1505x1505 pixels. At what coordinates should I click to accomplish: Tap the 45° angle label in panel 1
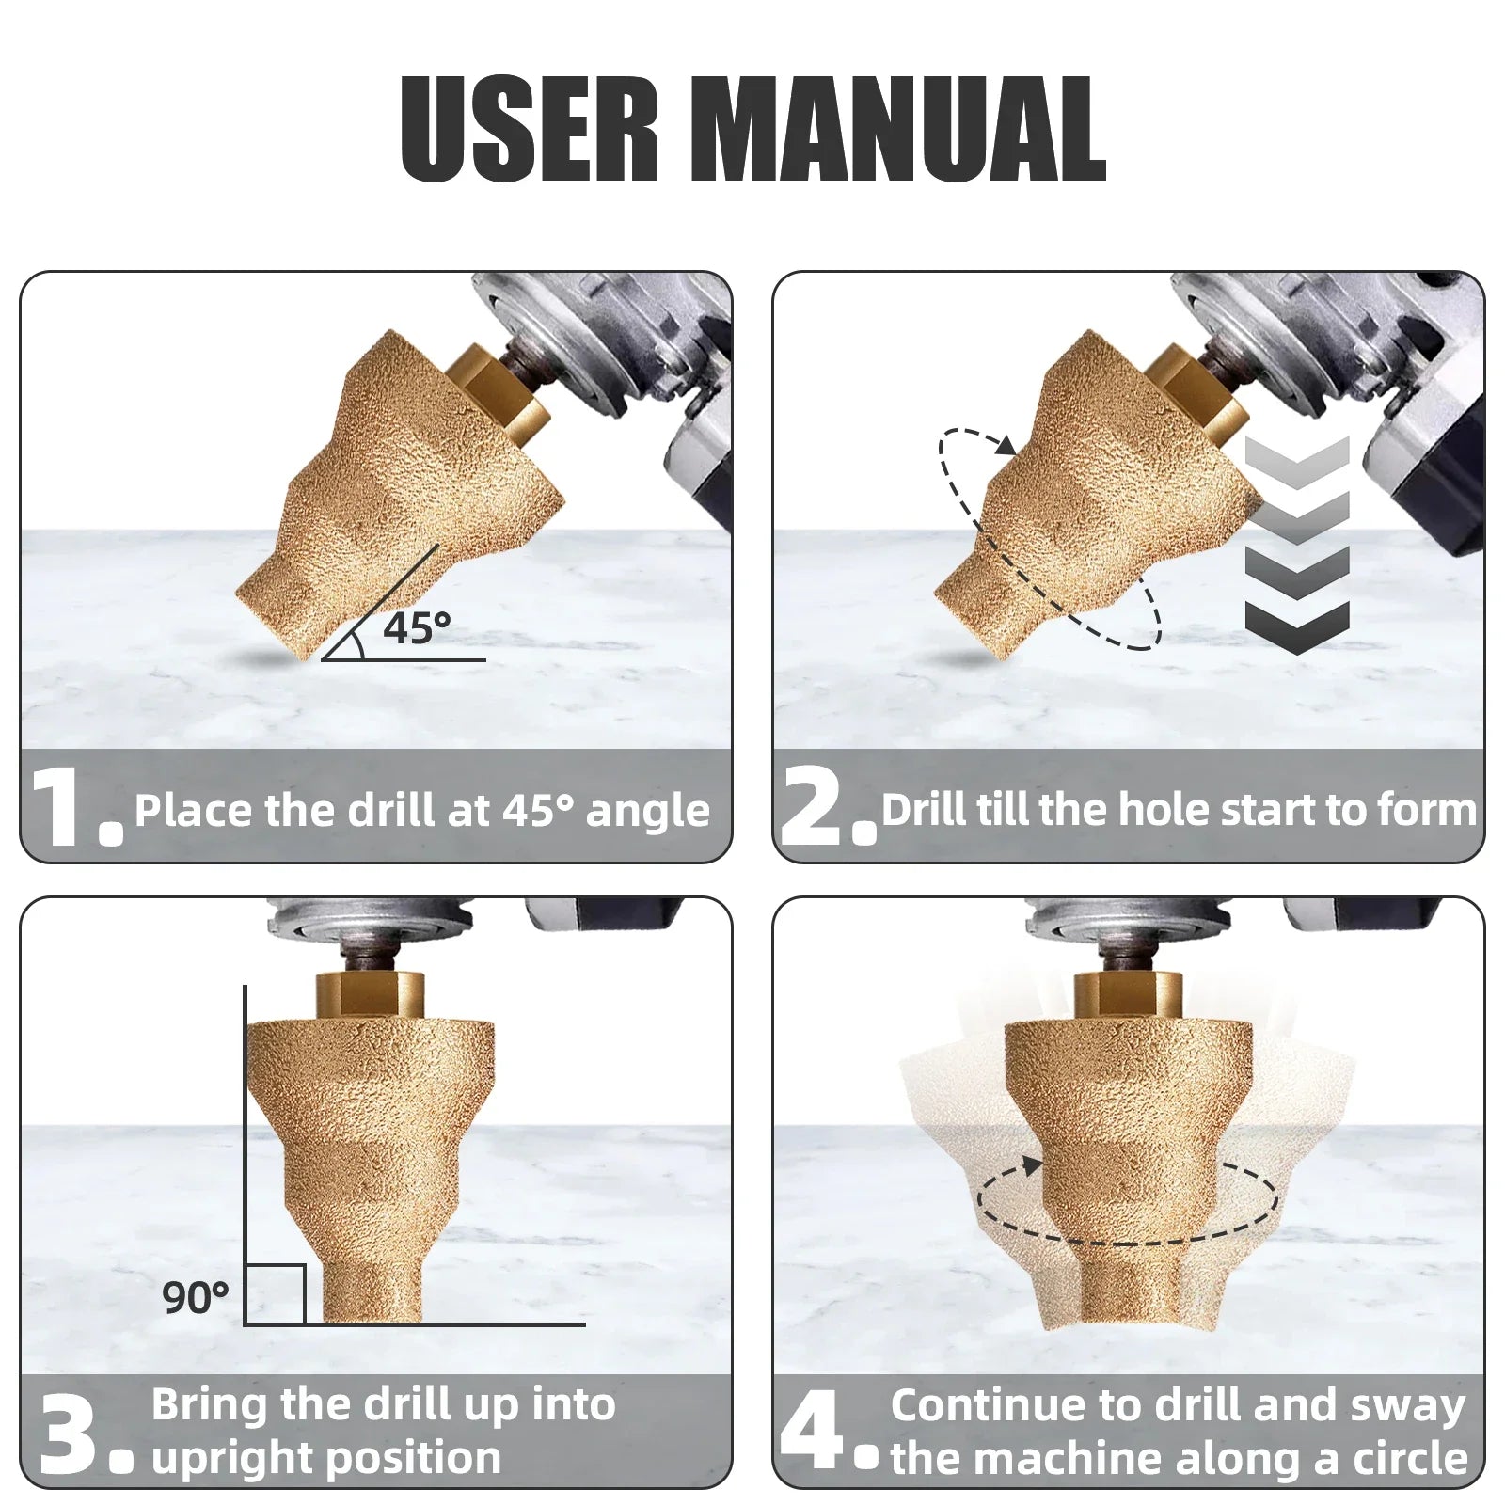(417, 627)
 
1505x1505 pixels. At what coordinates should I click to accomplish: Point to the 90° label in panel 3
(196, 1298)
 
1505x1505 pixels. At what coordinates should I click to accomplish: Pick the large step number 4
(815, 1433)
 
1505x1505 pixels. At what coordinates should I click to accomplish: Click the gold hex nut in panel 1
(498, 395)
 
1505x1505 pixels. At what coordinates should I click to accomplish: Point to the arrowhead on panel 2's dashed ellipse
(1006, 444)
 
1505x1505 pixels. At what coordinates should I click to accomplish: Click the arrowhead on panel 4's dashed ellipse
(1033, 1166)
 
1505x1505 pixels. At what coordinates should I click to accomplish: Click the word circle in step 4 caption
(1410, 1457)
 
